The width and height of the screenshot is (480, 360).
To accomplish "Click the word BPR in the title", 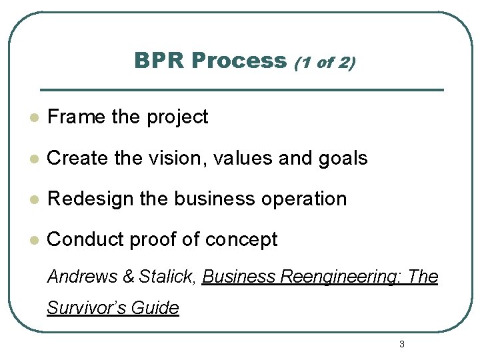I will tap(159, 61).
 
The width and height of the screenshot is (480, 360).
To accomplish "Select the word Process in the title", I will tap(238, 61).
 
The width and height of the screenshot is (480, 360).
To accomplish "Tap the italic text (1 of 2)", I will tap(324, 63).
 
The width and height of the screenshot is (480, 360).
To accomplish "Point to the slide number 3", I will tap(401, 344).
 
